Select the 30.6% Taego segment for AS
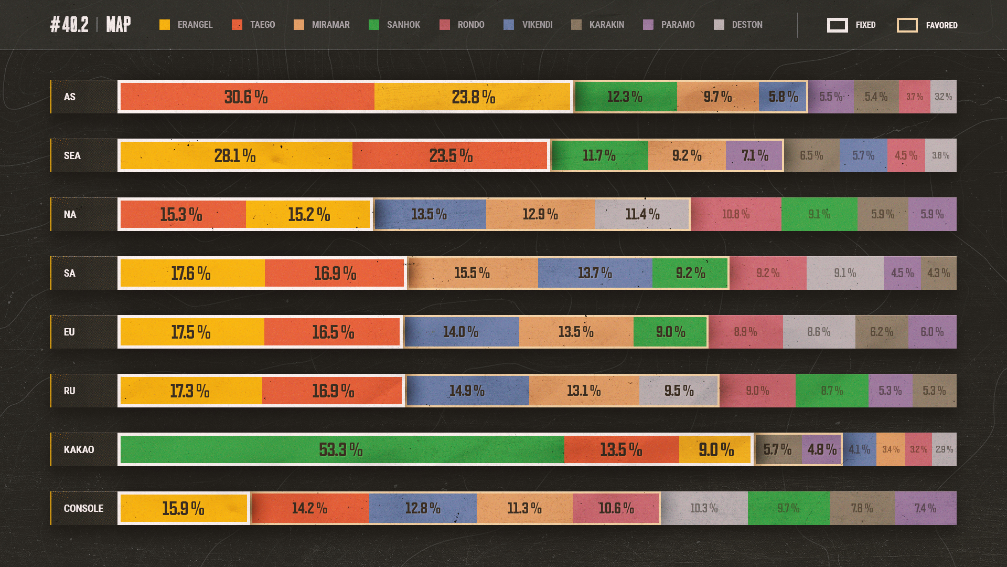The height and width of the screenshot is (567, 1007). coord(247,97)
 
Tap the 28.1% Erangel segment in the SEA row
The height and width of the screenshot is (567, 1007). coord(235,155)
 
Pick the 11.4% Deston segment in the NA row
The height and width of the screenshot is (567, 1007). coord(642,214)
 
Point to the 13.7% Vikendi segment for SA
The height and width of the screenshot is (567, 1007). coord(595,273)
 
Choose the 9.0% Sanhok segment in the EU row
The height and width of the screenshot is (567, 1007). coord(670,332)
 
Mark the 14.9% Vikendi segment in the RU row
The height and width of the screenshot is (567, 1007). coord(467,391)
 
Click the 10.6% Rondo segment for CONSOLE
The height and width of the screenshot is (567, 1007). coord(616,508)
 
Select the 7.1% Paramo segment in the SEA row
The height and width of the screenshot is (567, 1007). coord(754,155)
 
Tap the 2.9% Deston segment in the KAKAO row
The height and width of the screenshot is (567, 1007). coord(944,449)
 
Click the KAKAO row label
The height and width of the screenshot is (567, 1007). coord(79,449)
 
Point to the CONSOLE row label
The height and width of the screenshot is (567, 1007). coord(83,508)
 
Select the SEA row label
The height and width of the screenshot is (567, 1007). coord(72,155)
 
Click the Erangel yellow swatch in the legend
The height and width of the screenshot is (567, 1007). coord(165,25)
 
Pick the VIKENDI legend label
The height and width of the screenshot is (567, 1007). coord(537,25)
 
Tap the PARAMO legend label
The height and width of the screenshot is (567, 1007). coord(678,25)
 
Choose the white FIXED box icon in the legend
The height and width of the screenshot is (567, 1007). coord(837,25)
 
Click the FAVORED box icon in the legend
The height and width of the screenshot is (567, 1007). coord(907,25)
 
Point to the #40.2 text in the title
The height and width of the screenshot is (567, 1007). coord(69,25)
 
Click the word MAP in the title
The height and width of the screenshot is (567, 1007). coord(119,25)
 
